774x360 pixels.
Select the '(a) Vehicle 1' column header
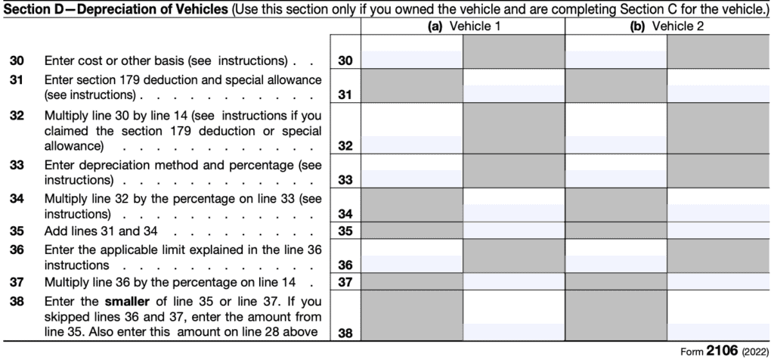462,26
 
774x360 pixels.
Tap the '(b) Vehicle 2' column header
666,26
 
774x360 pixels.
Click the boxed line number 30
345,60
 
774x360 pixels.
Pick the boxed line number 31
345,95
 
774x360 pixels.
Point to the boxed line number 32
345,146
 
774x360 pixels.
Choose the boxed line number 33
345,181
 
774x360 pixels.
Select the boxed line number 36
345,265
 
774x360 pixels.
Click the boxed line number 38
345,331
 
